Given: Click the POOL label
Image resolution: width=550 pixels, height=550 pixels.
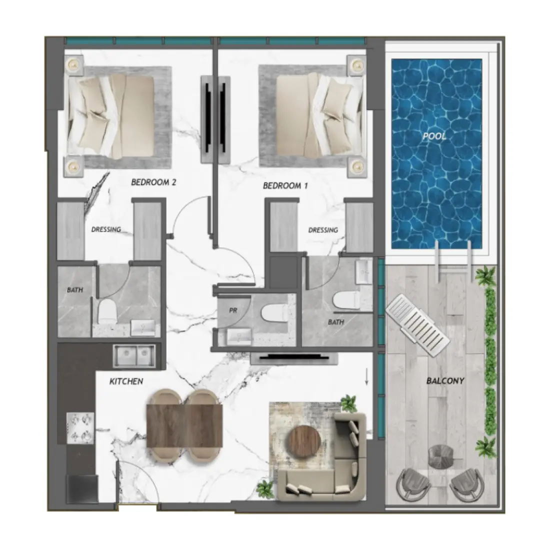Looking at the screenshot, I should click(433, 136).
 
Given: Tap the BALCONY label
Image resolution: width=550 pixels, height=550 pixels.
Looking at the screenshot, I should click(445, 381).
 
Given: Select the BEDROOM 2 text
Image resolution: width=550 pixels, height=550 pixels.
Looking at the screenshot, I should click(153, 183).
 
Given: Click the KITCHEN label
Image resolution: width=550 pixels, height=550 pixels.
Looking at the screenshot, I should click(126, 381).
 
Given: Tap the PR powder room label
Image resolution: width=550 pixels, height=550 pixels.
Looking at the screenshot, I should click(232, 310).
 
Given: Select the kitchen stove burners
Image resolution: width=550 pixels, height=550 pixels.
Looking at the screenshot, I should click(80, 428).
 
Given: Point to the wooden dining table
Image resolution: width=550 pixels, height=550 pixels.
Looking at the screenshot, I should click(184, 425).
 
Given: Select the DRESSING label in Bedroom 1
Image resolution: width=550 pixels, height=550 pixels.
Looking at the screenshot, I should click(323, 230).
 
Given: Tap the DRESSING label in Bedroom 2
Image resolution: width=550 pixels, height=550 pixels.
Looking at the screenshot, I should click(106, 230).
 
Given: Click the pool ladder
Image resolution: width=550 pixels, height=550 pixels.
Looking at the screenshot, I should click(453, 257).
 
